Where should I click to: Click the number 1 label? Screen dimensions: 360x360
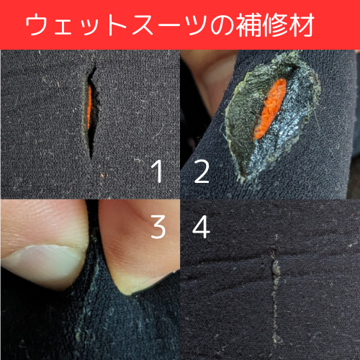157,173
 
